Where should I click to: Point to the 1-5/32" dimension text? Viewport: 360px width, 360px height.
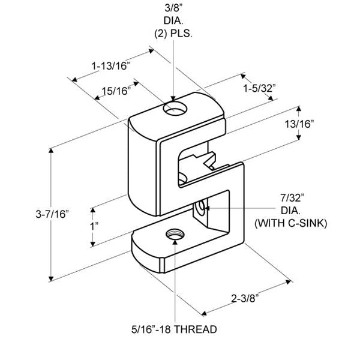tap(259, 88)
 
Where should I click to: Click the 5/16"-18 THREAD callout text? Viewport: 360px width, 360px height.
tap(174, 329)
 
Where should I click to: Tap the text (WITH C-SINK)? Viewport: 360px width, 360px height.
tap(291, 223)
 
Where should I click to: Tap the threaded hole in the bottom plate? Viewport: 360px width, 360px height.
tap(175, 235)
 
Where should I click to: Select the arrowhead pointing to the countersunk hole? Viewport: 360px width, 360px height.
tap(206, 208)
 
